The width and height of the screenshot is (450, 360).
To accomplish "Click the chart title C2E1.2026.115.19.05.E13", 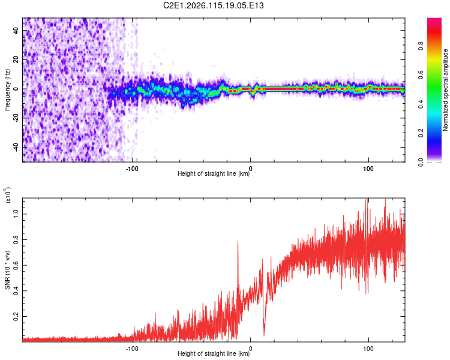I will (214, 5).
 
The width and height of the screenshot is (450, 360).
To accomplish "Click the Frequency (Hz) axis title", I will (7, 90).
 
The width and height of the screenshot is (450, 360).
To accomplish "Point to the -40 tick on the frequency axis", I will (16, 147).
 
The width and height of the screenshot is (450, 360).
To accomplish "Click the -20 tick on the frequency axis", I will (16, 118).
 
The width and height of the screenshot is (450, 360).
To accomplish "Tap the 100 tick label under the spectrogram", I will (368, 167).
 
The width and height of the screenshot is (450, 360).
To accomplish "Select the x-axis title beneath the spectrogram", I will (214, 174).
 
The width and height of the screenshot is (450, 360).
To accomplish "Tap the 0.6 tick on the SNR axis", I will (16, 265).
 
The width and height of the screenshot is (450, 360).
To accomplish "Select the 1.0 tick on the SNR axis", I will (16, 214).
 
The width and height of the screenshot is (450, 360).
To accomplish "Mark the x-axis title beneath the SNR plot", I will (214, 353).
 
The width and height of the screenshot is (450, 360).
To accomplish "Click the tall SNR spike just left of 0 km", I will (238, 241).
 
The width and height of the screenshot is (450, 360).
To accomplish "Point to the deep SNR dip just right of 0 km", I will (263, 334).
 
